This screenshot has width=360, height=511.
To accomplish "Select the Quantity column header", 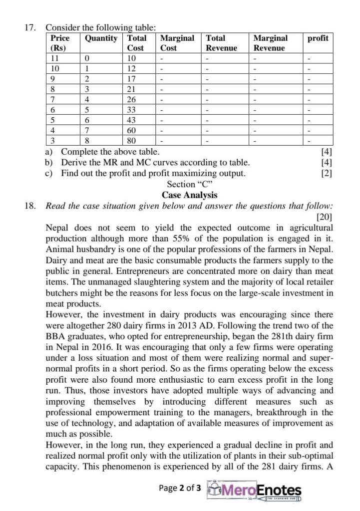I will (101, 38).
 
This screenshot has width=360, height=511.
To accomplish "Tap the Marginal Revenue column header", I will (270, 43).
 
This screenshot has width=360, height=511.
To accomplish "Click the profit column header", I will (318, 38).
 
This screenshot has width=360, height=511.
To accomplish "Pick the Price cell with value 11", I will (55, 58).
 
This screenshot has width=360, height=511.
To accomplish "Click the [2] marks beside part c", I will (328, 173).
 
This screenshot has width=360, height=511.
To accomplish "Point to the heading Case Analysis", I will (189, 195).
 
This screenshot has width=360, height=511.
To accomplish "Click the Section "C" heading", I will (189, 184).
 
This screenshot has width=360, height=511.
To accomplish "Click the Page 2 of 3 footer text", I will (180, 488).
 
